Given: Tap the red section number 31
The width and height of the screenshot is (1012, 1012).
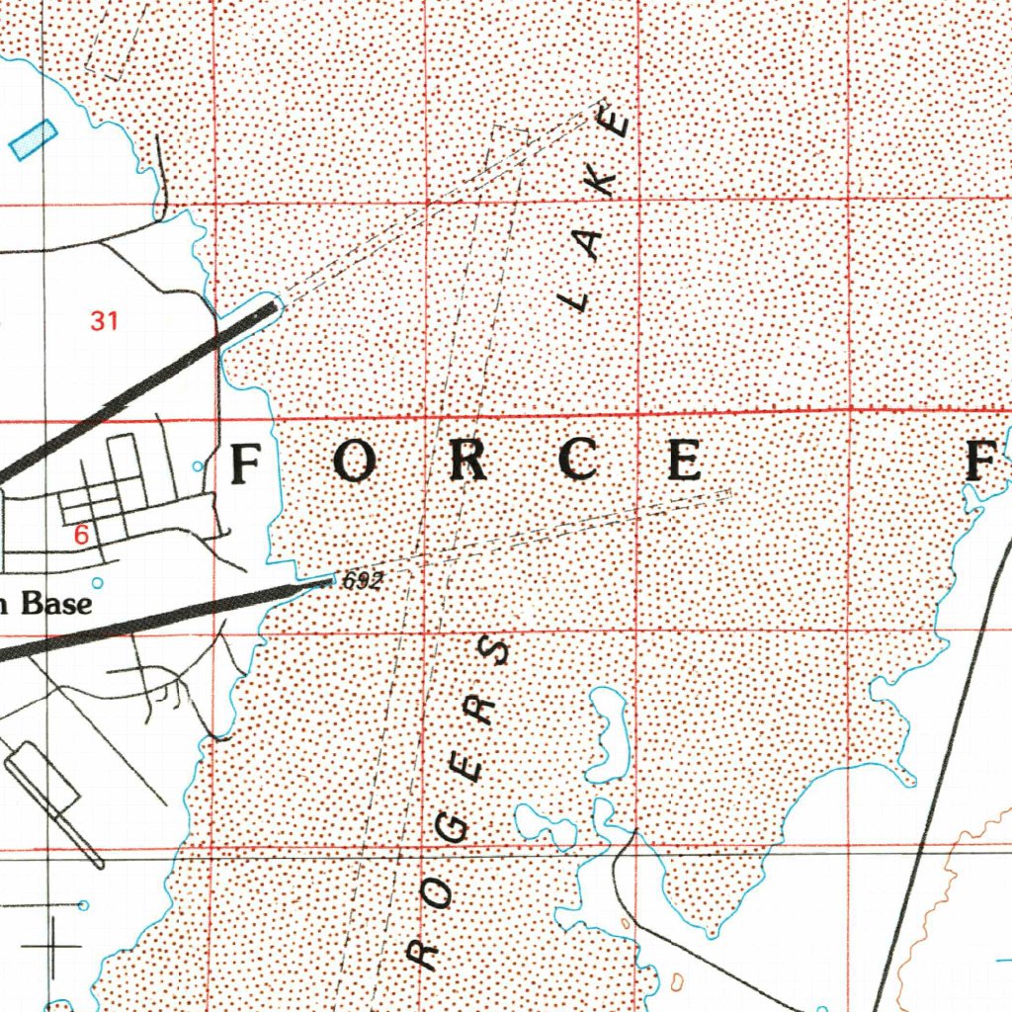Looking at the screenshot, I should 104,320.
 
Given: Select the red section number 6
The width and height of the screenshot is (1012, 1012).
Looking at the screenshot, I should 82,535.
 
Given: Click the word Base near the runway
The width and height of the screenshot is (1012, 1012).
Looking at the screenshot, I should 56,604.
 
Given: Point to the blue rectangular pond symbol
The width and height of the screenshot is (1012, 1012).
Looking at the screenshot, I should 34,139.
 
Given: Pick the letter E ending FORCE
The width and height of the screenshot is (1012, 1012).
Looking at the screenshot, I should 684,462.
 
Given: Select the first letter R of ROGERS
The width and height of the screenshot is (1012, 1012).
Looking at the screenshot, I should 423,951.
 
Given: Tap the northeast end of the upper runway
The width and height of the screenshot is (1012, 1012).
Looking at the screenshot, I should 273,308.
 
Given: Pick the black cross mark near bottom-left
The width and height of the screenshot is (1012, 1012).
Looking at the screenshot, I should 51,946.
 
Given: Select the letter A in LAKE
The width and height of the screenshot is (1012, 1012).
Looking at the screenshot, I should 590,242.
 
